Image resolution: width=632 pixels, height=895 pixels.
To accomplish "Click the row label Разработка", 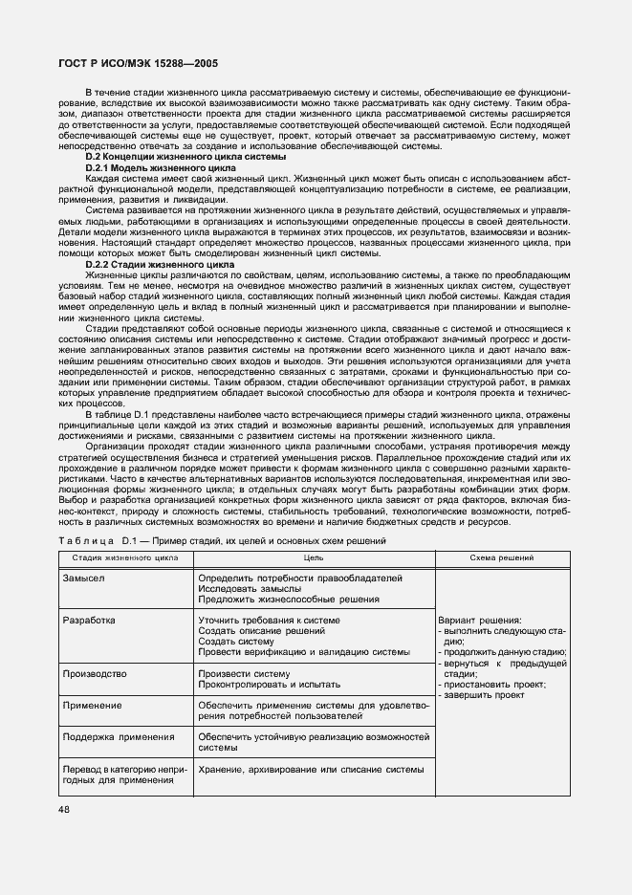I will click(x=89, y=621).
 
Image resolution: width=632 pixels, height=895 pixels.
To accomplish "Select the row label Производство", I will click(x=95, y=673).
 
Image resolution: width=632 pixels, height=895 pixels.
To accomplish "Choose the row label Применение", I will click(x=92, y=706).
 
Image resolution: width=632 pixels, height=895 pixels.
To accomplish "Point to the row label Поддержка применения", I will click(x=118, y=737).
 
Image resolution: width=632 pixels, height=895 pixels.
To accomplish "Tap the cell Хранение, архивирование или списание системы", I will click(x=311, y=769).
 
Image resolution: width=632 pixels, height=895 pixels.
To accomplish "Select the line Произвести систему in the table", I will click(x=243, y=673).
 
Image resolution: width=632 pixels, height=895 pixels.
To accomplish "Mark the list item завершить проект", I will click(x=482, y=695).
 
